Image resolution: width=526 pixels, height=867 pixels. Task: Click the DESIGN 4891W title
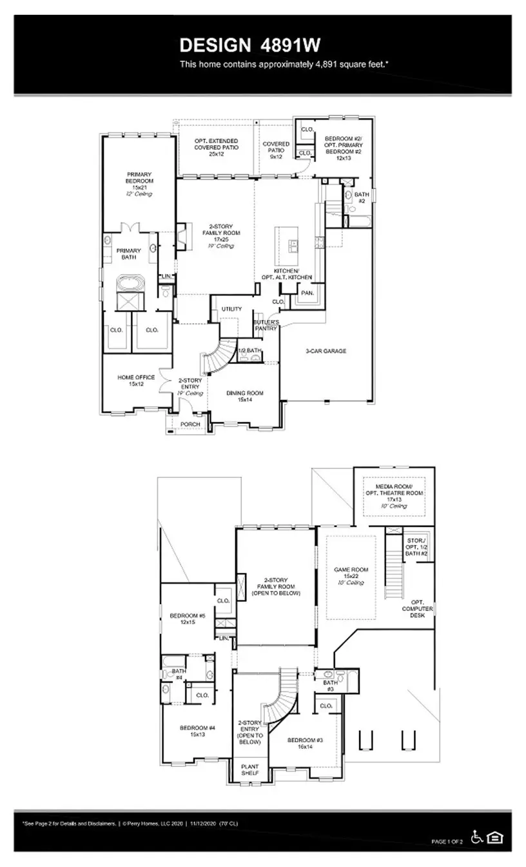click(249, 45)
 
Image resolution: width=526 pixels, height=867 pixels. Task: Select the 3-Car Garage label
click(326, 351)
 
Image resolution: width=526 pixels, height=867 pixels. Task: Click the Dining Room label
click(244, 396)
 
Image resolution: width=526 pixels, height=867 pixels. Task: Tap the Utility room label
click(231, 309)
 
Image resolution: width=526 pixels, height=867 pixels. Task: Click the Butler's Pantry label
click(266, 324)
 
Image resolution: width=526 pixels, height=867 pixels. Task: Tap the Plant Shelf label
click(249, 769)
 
